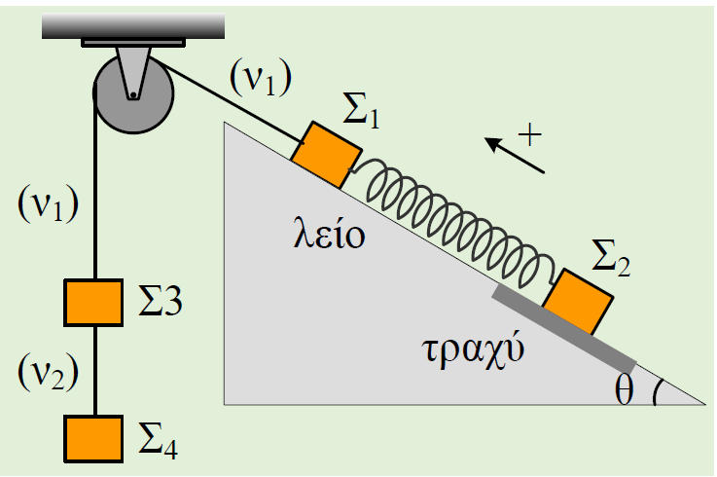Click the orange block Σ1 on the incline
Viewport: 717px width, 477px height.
(x=327, y=155)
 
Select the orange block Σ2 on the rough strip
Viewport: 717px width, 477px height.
(x=578, y=302)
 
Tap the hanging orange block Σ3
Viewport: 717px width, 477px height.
(x=93, y=303)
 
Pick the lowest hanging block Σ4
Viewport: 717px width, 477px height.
(x=93, y=439)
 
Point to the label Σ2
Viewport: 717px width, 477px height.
(x=611, y=258)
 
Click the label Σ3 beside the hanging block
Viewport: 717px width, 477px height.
(x=161, y=301)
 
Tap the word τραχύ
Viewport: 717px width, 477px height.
(x=473, y=350)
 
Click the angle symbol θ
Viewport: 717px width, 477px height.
(x=625, y=389)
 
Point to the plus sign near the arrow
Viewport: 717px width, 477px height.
(x=530, y=134)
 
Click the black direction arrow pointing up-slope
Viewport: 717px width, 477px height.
(x=515, y=155)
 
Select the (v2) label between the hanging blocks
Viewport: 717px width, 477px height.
(x=48, y=372)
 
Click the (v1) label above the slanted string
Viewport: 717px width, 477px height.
(x=261, y=78)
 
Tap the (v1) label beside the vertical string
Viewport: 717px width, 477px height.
(x=48, y=203)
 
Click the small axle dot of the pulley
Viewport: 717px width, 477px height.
(x=132, y=95)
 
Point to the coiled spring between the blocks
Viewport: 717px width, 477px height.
(x=452, y=220)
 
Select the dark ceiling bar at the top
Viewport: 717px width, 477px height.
(x=133, y=26)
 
